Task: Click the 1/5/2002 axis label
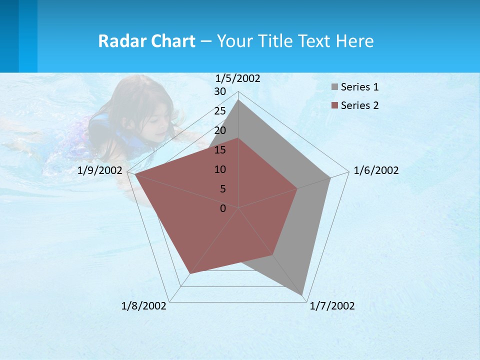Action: coord(237,78)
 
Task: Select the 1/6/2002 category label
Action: coord(376,170)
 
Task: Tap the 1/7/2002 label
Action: coord(332,306)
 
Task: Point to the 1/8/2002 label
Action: coord(143,306)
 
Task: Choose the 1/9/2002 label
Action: coord(100,170)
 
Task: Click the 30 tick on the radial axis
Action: coord(220,91)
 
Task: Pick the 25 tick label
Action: coord(220,111)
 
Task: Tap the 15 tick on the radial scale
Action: coord(220,150)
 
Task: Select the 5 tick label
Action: coord(222,189)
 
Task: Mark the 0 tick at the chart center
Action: coord(223,208)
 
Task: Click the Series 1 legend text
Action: coord(359,87)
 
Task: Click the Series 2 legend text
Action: coord(359,105)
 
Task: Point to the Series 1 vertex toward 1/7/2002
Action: coord(302,295)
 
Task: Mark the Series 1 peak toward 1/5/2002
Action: coord(238,100)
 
